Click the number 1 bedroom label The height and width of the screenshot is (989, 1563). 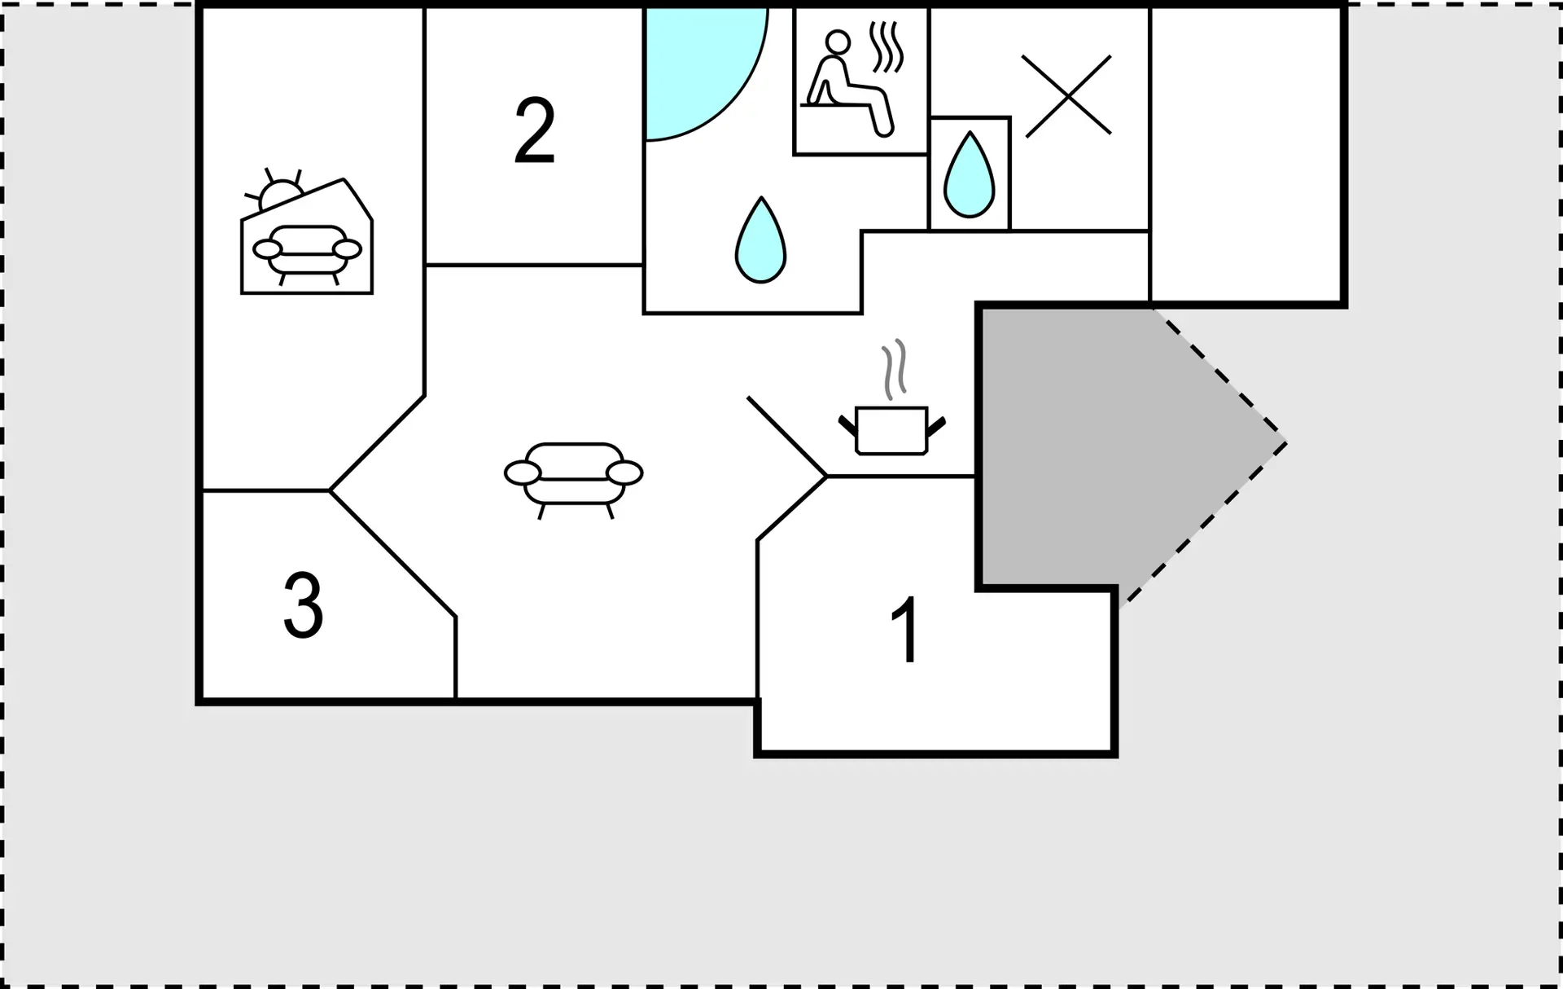coord(906,630)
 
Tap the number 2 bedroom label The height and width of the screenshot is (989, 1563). coord(535,131)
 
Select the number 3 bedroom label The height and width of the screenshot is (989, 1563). coord(303,604)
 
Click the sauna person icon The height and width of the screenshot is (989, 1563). coord(847,83)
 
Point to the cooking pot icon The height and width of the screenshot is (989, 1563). coord(891,429)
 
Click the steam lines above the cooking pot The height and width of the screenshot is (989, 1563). coord(894,369)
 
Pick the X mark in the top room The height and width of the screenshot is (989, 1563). coord(1067,96)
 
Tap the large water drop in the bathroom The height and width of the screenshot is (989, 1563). coord(760,240)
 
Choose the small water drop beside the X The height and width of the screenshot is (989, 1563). coord(969,175)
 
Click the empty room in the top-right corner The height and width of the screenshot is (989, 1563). coord(1246,155)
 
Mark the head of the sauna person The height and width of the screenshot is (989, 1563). coord(838,42)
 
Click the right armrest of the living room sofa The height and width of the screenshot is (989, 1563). coord(624,473)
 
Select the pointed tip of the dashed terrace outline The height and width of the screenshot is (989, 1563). coord(1287,444)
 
